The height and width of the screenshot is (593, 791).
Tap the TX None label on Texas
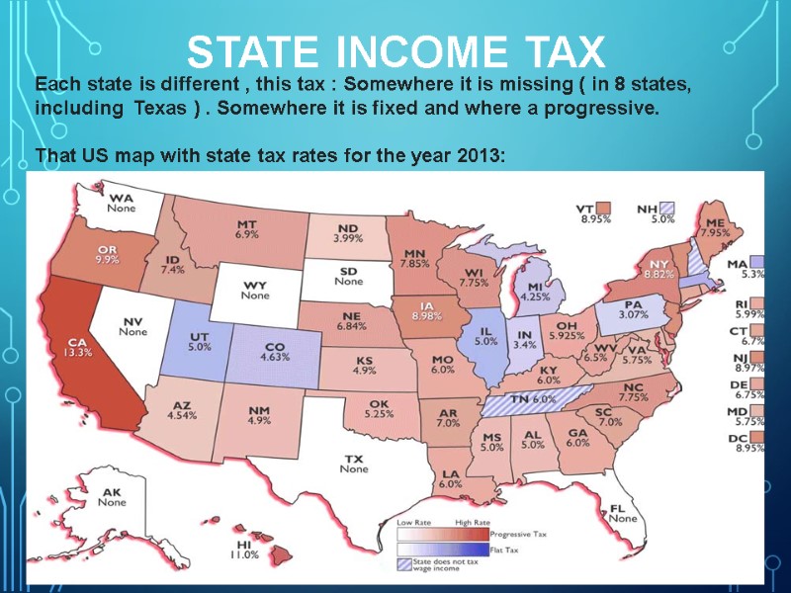pyautogui.click(x=354, y=464)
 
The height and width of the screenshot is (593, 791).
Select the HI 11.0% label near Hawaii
pyautogui.click(x=245, y=549)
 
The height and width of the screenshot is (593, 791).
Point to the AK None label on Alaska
pyautogui.click(x=112, y=497)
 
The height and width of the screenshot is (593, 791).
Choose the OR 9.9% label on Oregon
pyautogui.click(x=108, y=253)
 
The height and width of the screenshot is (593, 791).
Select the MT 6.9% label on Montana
pyautogui.click(x=247, y=229)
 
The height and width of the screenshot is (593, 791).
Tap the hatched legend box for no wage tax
pyautogui.click(x=404, y=565)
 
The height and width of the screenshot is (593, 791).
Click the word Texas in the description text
pyautogui.click(x=155, y=108)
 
